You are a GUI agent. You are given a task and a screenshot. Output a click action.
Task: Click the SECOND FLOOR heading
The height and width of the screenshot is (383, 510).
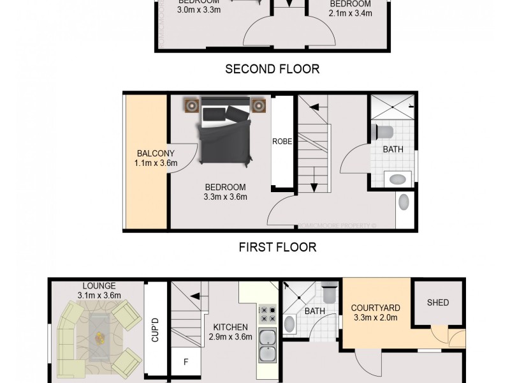point(272,69)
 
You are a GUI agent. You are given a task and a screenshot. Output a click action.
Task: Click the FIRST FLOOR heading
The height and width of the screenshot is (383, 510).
point(277,246)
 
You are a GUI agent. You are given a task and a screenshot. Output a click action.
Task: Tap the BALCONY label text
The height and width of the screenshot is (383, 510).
point(150,153)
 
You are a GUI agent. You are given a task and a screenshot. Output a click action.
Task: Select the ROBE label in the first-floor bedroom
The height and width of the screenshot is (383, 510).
point(282,142)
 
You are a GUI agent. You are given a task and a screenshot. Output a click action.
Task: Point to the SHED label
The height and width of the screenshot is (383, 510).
point(438,303)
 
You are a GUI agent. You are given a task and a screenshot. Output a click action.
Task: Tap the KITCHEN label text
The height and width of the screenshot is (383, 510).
point(230,327)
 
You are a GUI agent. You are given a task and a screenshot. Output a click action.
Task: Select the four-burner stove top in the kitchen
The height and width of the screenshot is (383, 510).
point(266,313)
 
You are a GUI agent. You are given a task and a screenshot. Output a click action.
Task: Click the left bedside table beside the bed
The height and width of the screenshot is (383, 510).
point(191,105)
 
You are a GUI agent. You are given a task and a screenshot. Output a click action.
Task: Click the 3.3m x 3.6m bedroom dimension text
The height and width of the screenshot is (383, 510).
point(225,197)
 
